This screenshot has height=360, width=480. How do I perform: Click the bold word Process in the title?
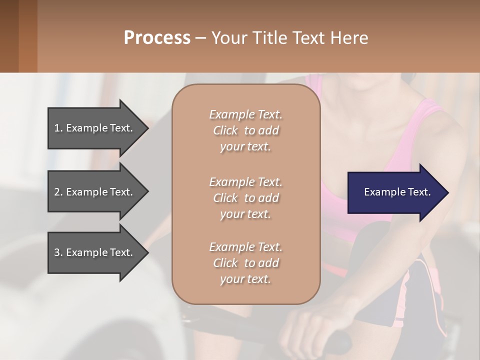pyautogui.click(x=157, y=38)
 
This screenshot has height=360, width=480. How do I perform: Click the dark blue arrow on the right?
pyautogui.click(x=395, y=192)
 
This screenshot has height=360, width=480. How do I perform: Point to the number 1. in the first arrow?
pyautogui.click(x=58, y=128)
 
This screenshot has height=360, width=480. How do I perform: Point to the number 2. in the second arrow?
pyautogui.click(x=58, y=192)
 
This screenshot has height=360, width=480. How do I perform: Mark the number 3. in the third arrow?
pyautogui.click(x=58, y=252)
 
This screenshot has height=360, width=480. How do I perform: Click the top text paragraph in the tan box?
pyautogui.click(x=245, y=130)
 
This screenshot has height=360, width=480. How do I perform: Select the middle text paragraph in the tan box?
pyautogui.click(x=245, y=198)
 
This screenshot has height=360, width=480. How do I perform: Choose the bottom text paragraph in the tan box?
pyautogui.click(x=245, y=263)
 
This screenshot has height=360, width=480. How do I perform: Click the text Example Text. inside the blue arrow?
pyautogui.click(x=397, y=192)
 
